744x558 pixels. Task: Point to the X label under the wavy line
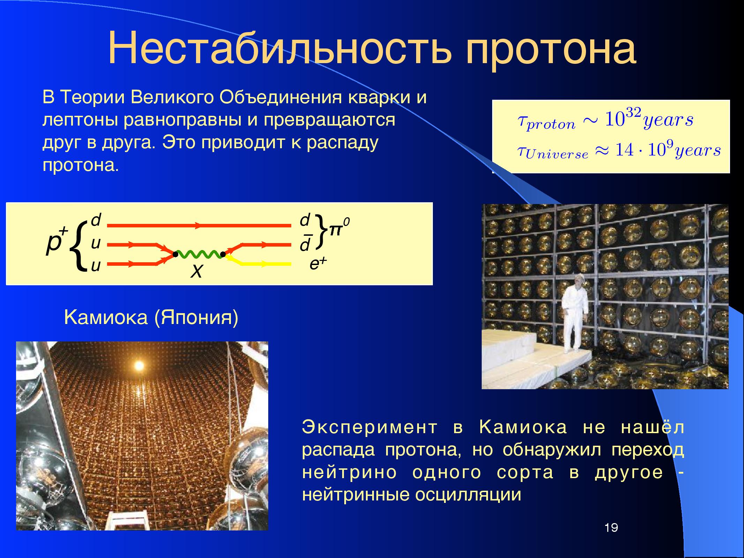coord(196,271)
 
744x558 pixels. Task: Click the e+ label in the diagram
coord(317,264)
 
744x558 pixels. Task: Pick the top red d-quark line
coord(199,226)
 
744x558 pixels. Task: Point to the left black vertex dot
coord(175,255)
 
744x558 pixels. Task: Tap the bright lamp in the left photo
coord(139,365)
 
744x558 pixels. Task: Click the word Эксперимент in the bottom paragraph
coord(369,428)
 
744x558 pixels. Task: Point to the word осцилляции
coord(468,495)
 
